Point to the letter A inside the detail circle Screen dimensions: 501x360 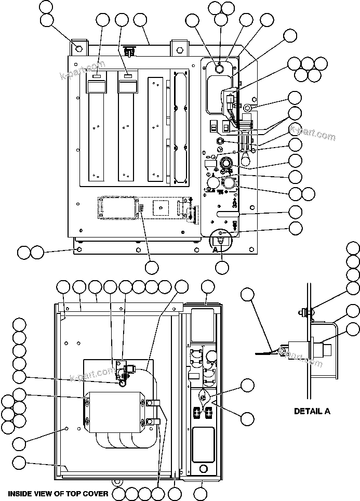pos(215,249)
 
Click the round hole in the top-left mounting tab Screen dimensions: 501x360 pos(79,48)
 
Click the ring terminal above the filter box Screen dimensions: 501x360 pos(122,383)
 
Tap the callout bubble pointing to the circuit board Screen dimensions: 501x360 pos(152,268)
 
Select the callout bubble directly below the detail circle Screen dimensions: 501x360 pos(222,268)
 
